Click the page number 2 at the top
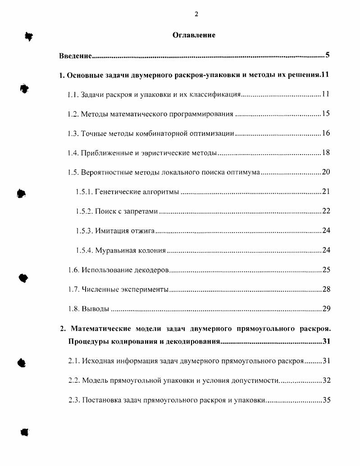[196, 14]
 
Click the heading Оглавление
[194, 35]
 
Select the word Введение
[76, 56]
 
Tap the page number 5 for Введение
[328, 55]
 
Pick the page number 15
[326, 114]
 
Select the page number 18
[326, 153]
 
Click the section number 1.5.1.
[84, 192]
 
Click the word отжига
[143, 231]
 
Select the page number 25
[326, 270]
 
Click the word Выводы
[95, 309]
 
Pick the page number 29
[327, 309]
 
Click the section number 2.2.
[74, 380]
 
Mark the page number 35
[327, 400]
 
